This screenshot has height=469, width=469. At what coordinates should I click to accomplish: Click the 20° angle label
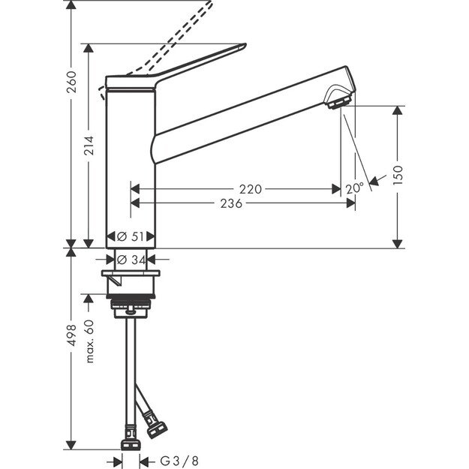click(356, 188)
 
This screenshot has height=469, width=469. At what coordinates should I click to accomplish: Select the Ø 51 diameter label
click(131, 236)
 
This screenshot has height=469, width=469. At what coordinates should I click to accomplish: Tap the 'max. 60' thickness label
click(89, 341)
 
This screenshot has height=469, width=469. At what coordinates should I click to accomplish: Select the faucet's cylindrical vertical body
click(131, 165)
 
